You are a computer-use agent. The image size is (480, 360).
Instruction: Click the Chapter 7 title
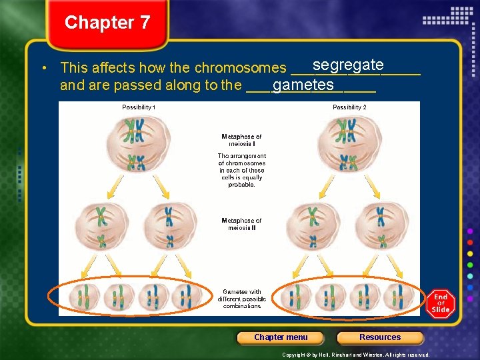tap(107, 23)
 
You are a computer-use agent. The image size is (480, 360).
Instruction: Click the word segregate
tap(347, 65)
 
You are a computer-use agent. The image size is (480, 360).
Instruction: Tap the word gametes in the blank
tap(303, 85)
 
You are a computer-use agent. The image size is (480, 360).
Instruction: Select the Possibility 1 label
tap(139, 107)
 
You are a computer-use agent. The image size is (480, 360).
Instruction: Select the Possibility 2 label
tap(349, 107)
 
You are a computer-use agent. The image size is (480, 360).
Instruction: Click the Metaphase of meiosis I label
tap(241, 140)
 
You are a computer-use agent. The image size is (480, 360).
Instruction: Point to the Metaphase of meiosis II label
tap(241, 224)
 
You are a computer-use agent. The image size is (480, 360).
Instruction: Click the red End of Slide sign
tap(441, 303)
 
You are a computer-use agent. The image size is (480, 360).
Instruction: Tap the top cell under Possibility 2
tap(347, 142)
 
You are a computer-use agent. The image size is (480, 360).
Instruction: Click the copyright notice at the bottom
tap(356, 355)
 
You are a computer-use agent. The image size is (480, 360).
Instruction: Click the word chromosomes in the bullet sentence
tap(241, 68)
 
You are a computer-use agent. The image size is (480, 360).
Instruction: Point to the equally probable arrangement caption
tap(241, 171)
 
